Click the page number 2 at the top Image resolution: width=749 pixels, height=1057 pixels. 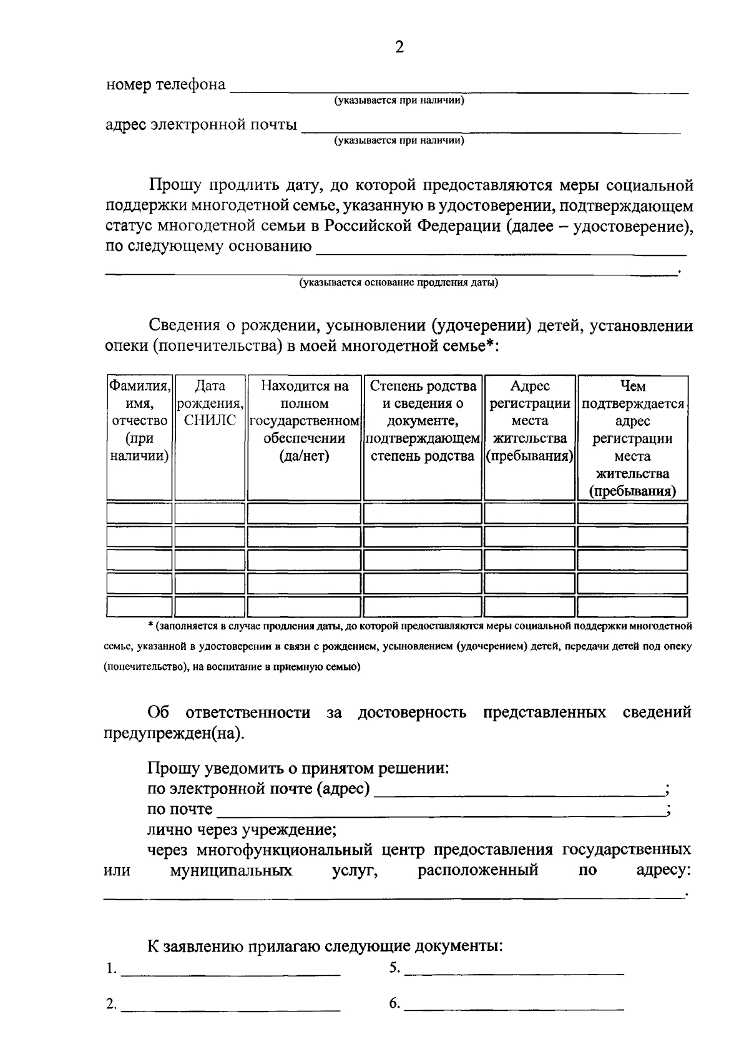pos(399,47)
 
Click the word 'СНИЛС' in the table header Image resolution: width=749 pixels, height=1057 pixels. pos(210,421)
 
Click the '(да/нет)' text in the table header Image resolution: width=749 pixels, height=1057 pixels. pos(304,456)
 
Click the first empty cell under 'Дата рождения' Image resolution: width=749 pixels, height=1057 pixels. pos(210,513)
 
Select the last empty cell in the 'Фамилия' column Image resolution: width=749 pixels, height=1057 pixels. pos(139,606)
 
